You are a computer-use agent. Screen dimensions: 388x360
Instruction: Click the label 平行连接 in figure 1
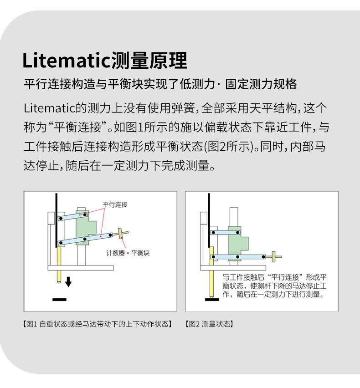pyautogui.click(x=115, y=204)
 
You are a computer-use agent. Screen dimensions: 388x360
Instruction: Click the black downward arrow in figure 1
pyautogui.click(x=68, y=282)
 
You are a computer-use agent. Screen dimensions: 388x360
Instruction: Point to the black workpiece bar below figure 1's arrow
pyautogui.click(x=60, y=299)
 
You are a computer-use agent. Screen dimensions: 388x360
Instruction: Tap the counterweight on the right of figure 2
pyautogui.click(x=274, y=257)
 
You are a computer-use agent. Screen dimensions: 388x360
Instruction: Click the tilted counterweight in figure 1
pyautogui.click(x=122, y=234)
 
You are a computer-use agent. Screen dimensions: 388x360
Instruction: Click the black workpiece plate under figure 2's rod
pyautogui.click(x=211, y=299)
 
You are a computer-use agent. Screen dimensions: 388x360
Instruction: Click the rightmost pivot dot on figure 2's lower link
pyautogui.click(x=264, y=257)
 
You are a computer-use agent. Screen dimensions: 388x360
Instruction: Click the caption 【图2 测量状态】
pyautogui.click(x=209, y=324)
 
